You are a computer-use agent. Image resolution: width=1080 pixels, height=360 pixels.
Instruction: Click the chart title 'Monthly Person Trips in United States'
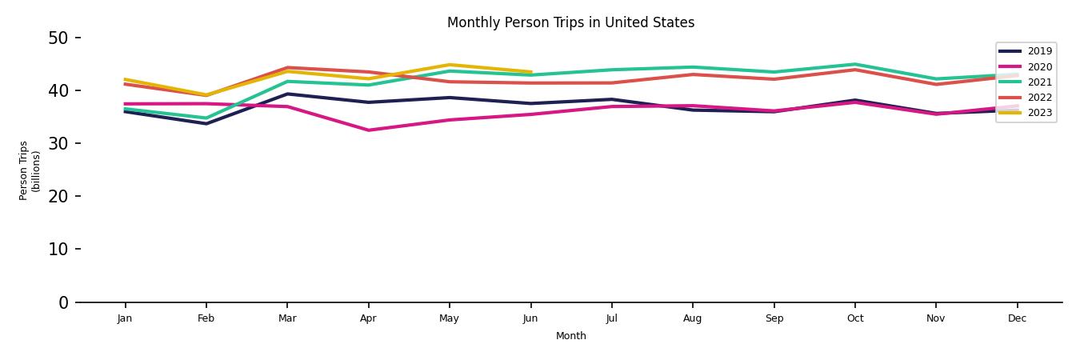click(570, 22)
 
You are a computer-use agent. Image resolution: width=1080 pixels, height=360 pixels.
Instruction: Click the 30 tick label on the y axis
click(60, 143)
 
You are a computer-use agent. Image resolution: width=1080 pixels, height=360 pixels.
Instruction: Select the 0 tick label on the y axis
click(64, 302)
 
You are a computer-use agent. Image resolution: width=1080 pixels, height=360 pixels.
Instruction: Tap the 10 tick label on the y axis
click(60, 249)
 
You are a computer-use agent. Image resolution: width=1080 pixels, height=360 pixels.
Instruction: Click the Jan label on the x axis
click(125, 318)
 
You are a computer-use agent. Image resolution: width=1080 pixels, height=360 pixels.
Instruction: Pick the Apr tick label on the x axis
click(368, 318)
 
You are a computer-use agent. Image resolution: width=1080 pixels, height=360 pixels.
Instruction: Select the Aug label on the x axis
click(693, 318)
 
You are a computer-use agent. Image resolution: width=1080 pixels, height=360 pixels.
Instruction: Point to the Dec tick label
click(1017, 318)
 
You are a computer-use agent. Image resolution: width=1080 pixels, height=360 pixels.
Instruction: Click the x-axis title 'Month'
click(571, 336)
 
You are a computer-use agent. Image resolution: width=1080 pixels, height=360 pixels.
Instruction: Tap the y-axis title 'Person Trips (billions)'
click(30, 170)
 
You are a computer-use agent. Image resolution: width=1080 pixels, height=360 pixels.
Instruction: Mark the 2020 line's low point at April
click(368, 130)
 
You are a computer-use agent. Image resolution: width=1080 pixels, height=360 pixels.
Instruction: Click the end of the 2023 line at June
click(530, 72)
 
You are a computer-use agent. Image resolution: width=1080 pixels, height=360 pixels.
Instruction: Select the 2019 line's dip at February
click(206, 123)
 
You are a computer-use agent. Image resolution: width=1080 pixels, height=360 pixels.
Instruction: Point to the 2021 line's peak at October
click(855, 64)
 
